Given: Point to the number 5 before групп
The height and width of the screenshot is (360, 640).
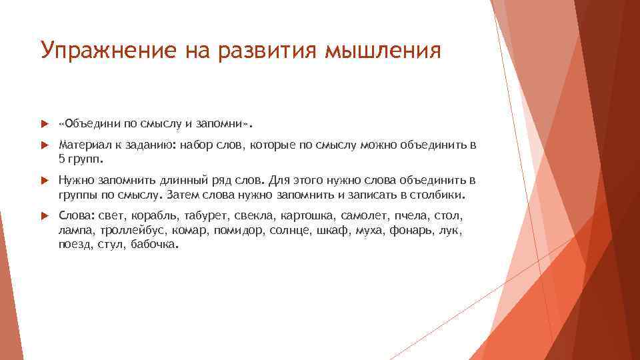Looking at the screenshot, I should [x=62, y=160].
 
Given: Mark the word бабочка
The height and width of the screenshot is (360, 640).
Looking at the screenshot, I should [x=155, y=245].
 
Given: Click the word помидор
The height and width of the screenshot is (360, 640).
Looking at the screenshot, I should [x=240, y=231].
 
